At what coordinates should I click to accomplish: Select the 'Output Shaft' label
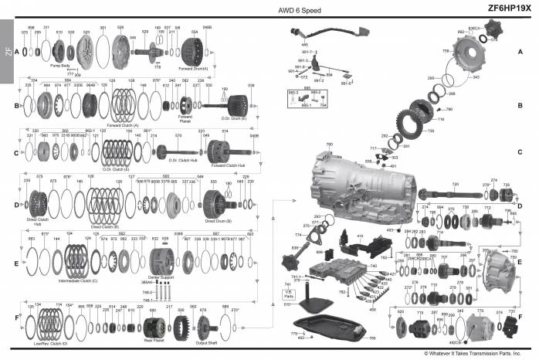click(x=206, y=342)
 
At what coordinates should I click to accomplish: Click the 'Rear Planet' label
click(x=153, y=339)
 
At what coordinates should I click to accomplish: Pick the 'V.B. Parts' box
click(x=288, y=294)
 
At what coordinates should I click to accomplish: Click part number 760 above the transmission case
click(x=330, y=144)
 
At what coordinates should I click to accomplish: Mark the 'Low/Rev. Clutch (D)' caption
click(x=52, y=341)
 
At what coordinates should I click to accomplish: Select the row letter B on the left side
click(x=17, y=104)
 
